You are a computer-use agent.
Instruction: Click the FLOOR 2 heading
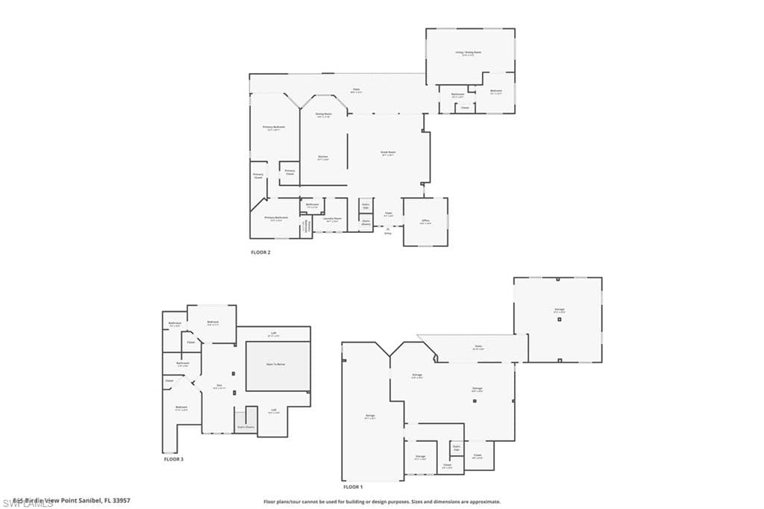(x=260, y=252)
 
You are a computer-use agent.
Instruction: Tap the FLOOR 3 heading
(x=173, y=459)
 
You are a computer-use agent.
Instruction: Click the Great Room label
(x=388, y=152)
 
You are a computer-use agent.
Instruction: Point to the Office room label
(x=425, y=221)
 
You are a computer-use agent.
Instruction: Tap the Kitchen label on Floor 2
(x=323, y=157)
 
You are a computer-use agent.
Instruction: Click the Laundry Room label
(x=332, y=219)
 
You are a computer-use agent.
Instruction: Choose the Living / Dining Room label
(x=469, y=53)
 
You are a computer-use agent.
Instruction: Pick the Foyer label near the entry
(x=389, y=213)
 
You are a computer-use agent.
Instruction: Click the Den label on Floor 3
(x=219, y=386)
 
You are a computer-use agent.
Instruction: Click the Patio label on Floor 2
(x=357, y=91)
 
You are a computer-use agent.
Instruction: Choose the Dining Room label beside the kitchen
(x=323, y=114)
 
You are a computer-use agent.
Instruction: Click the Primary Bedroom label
(x=274, y=128)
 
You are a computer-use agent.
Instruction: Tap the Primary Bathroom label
(x=275, y=218)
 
